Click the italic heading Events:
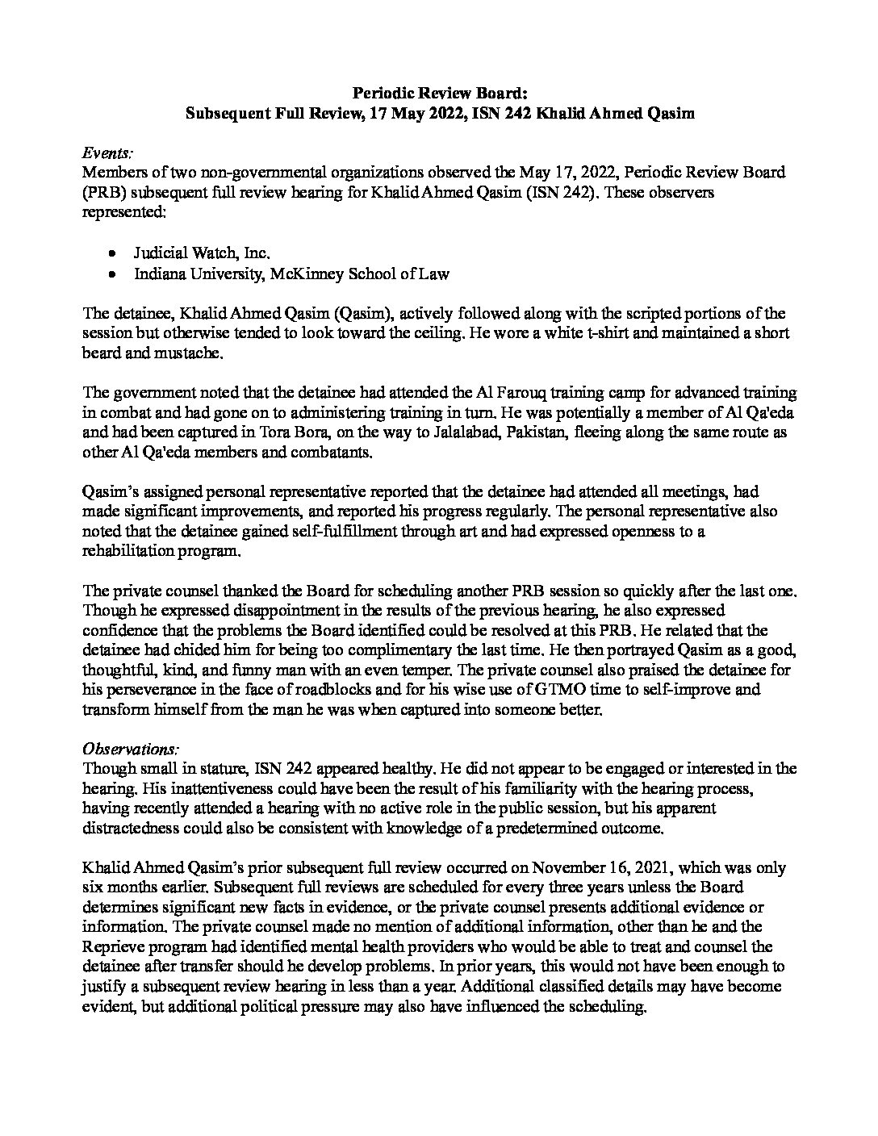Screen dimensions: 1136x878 point(109,152)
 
